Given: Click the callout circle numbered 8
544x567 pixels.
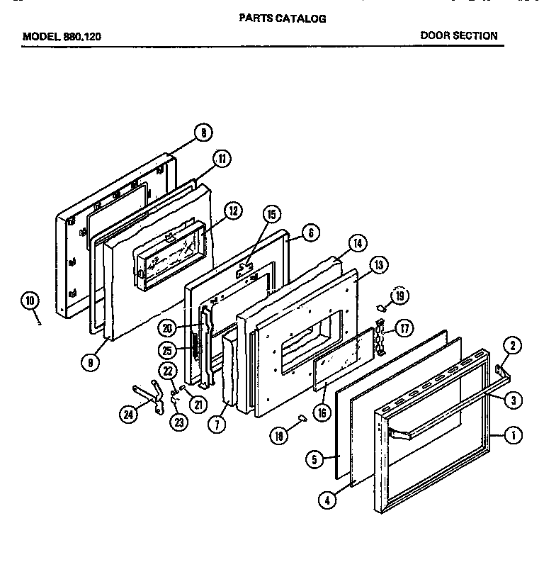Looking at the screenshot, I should point(203,132).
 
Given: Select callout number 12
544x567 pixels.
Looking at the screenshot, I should point(233,210).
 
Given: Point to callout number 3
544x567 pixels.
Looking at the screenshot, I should point(514,400).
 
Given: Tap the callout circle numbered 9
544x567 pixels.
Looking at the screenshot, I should point(89,362).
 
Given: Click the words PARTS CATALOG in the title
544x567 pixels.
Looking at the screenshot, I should point(282,19).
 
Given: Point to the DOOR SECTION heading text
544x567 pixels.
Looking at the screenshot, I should point(458,35).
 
